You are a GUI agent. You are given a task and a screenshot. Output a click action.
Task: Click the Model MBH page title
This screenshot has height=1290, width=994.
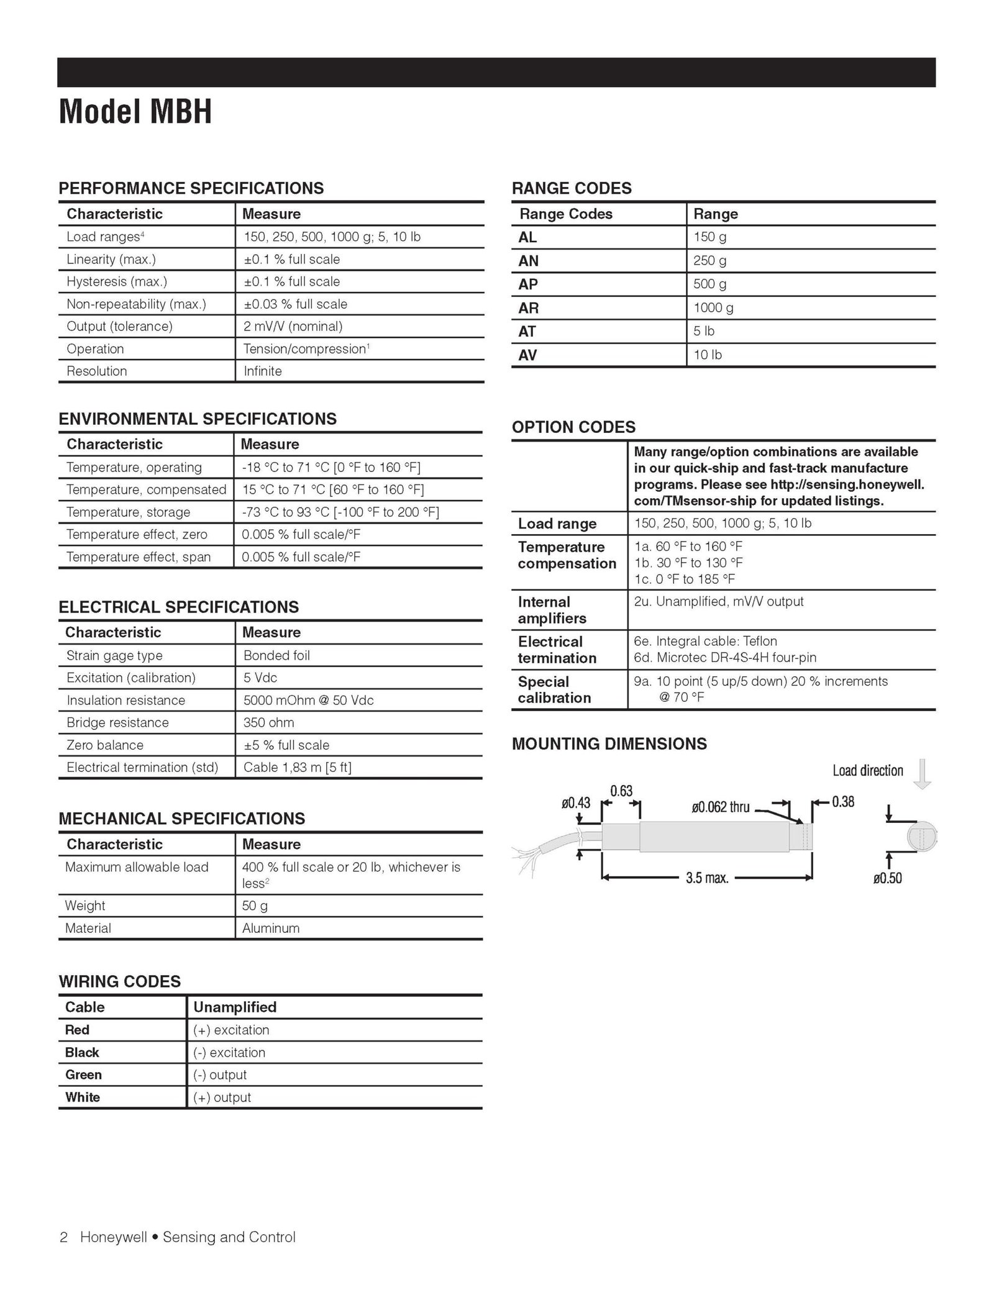[135, 112]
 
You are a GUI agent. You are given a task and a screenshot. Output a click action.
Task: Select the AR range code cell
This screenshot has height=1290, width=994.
[529, 308]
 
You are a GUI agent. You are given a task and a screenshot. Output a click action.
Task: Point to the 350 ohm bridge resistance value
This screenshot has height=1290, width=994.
[268, 723]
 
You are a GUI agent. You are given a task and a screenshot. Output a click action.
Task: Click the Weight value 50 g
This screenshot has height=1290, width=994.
[255, 906]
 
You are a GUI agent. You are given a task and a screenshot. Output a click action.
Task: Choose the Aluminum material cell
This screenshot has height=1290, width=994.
[271, 928]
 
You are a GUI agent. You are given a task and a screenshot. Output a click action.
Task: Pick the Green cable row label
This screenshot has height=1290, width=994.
[83, 1074]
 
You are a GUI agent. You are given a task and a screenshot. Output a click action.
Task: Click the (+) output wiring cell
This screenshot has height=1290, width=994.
[222, 1097]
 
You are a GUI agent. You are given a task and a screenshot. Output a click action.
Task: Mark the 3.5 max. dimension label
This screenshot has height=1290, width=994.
[707, 878]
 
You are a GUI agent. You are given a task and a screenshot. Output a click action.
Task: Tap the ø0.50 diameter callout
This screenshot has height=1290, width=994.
[887, 878]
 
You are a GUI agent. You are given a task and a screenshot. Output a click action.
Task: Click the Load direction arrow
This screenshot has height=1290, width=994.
[923, 774]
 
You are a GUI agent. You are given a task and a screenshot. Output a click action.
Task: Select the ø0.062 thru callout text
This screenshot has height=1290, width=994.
[721, 807]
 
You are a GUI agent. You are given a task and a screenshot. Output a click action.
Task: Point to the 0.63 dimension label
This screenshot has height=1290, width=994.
[621, 791]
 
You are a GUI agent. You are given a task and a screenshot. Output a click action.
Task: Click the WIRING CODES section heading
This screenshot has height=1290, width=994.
[119, 981]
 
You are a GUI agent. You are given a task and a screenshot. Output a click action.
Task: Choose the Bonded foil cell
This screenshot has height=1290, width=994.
[276, 655]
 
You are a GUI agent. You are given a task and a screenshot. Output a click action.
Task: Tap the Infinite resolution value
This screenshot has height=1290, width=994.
[263, 371]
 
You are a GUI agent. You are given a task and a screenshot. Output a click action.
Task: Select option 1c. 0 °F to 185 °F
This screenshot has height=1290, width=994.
[684, 579]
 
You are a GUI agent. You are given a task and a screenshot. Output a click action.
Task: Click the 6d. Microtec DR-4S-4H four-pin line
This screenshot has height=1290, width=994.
[725, 657]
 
